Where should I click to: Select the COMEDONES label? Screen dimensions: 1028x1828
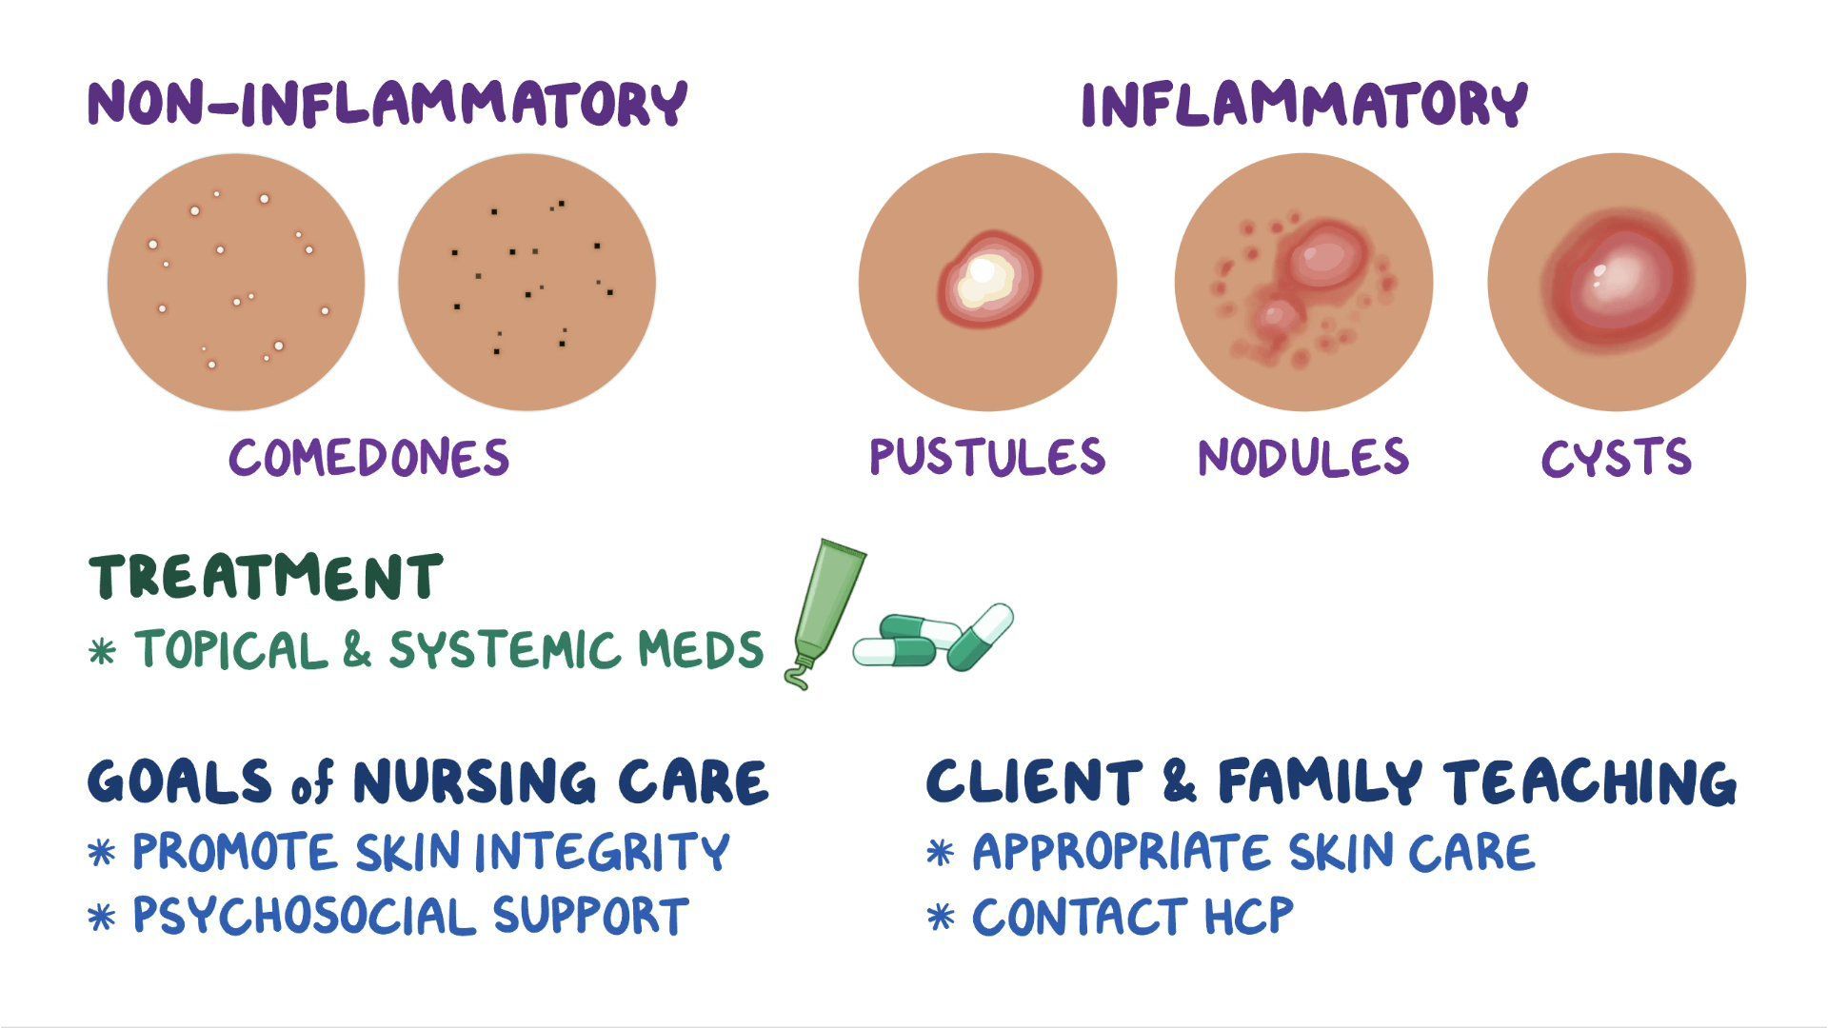click(369, 458)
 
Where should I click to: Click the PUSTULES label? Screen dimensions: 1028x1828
click(987, 457)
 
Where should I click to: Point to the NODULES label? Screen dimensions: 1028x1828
click(1302, 457)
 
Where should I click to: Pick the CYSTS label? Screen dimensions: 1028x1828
click(1616, 458)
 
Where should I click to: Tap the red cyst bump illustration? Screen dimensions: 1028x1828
click(1616, 281)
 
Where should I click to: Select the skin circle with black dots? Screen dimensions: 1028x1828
click(527, 283)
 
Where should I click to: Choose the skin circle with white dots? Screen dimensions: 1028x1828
click(235, 283)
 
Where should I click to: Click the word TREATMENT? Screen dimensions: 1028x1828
click(267, 577)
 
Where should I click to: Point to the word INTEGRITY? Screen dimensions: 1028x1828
click(602, 852)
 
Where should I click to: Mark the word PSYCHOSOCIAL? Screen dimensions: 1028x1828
click(303, 916)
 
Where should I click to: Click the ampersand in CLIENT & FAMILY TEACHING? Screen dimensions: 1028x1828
click(1179, 781)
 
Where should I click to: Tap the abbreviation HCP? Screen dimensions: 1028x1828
click(1248, 916)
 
